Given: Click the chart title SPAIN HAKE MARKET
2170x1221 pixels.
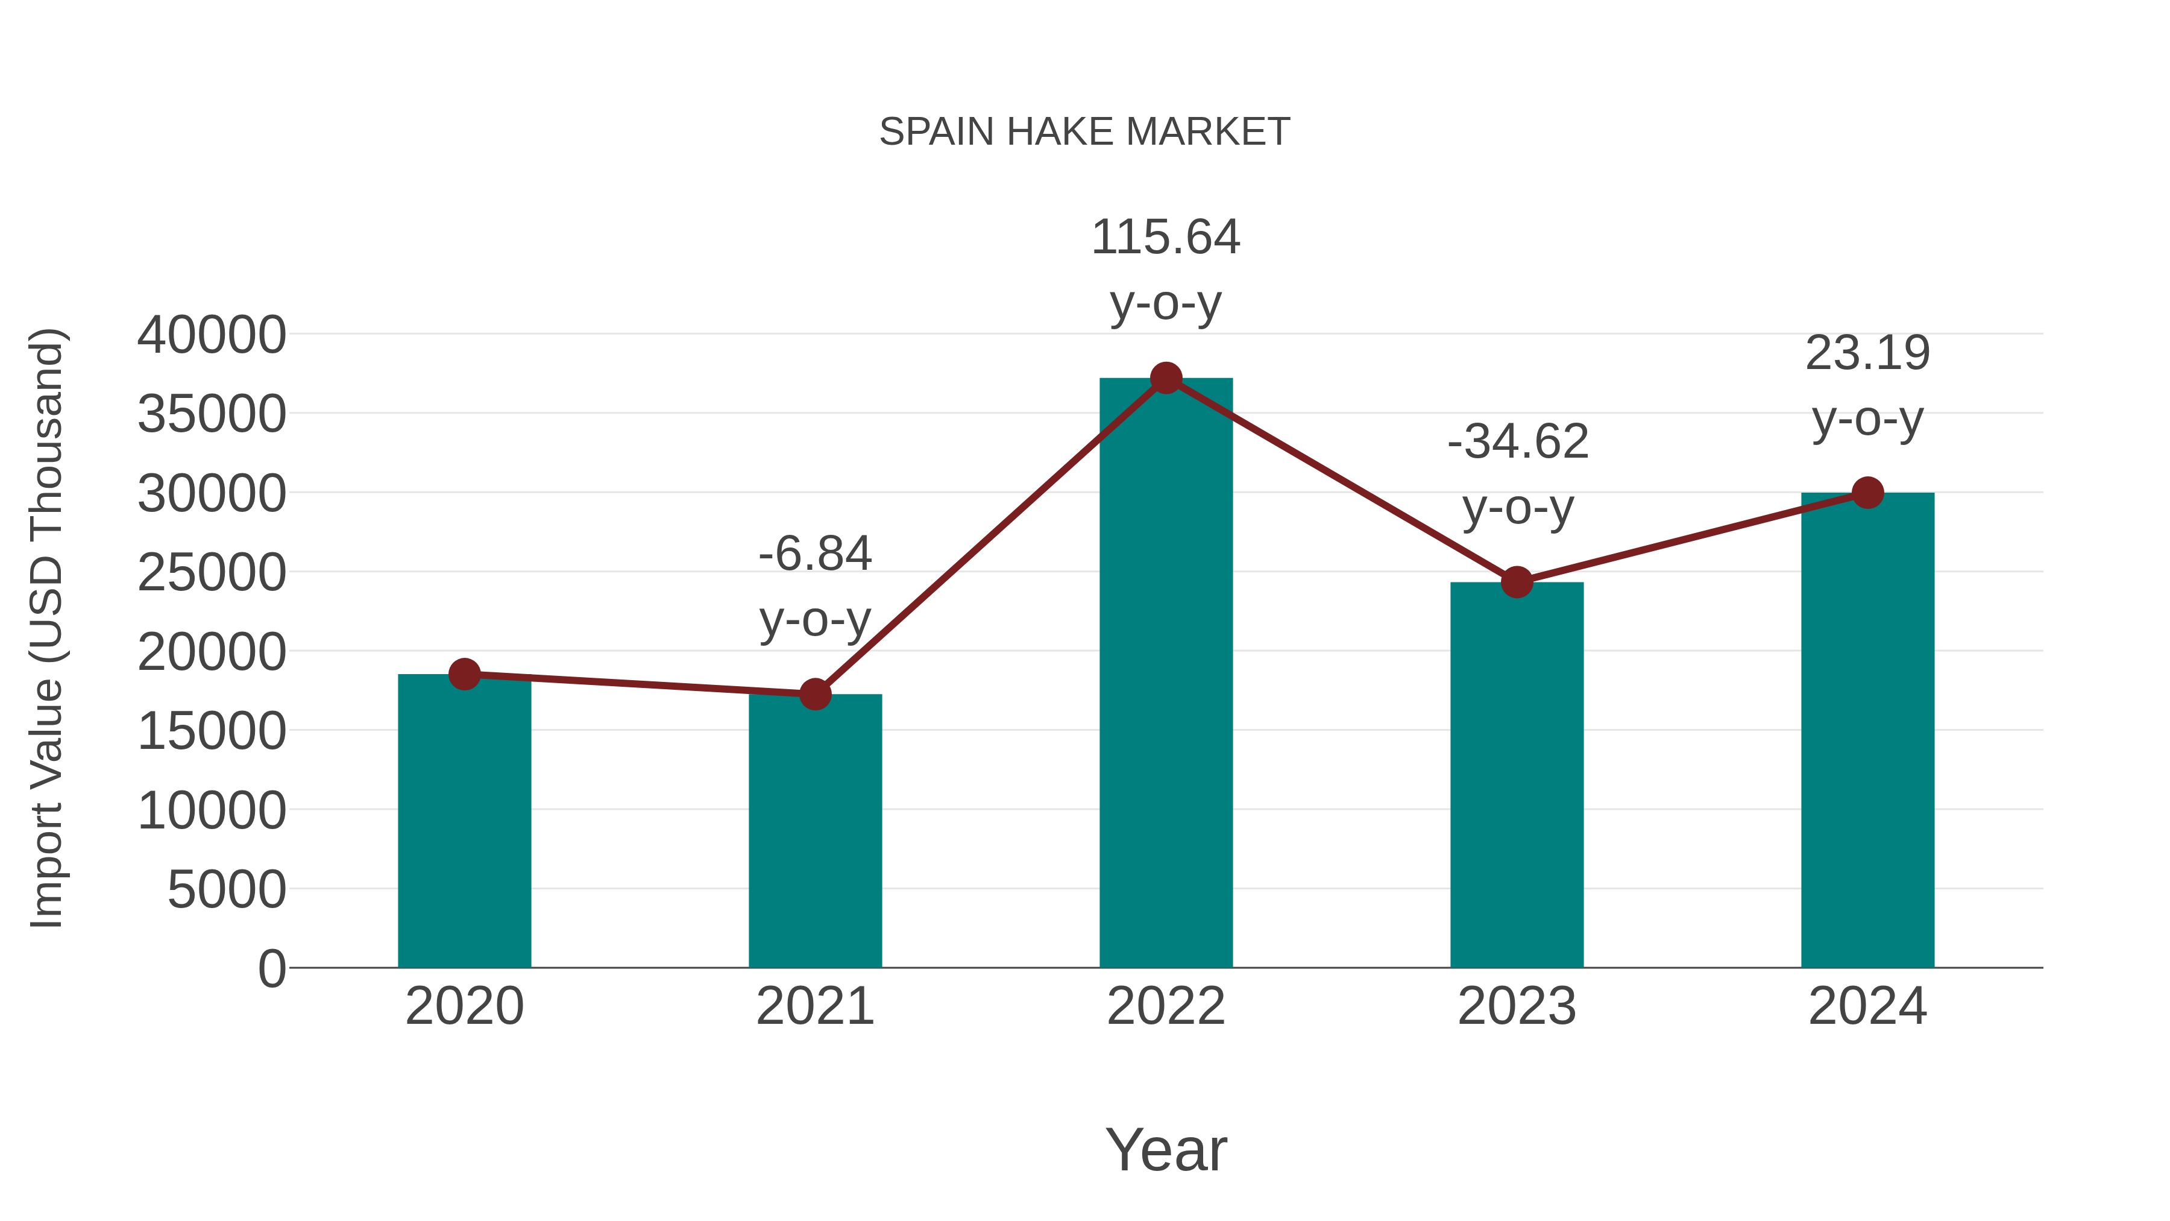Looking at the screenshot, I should click(1084, 132).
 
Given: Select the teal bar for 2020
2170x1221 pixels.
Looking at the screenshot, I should click(464, 822).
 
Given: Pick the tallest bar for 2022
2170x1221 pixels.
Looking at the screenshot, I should click(1166, 674).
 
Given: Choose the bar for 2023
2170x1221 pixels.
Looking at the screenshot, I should click(1517, 775).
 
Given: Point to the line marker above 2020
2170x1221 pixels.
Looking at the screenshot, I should click(464, 674).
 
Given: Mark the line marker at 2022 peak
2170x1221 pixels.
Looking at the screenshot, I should click(1166, 378).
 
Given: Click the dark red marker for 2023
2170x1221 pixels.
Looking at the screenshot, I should click(1517, 582).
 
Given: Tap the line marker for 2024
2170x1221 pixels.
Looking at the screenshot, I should click(1867, 493).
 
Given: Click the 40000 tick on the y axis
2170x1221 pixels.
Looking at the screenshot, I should click(212, 335).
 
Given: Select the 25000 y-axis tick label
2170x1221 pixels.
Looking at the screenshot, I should click(212, 573).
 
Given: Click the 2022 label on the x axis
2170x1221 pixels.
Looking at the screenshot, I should click(1166, 1006).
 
